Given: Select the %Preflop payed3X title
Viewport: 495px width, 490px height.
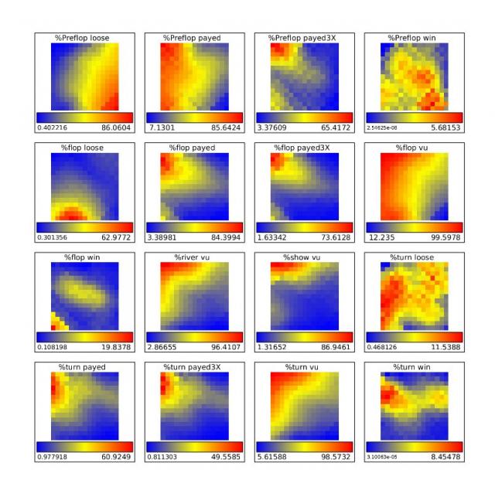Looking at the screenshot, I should (x=304, y=38).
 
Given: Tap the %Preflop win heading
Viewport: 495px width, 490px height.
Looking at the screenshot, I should (x=414, y=38).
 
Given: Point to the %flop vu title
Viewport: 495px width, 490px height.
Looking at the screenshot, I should (x=414, y=148).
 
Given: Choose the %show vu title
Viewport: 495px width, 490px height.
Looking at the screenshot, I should (x=304, y=257).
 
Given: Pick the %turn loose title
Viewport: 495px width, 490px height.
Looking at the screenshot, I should (x=414, y=257).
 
